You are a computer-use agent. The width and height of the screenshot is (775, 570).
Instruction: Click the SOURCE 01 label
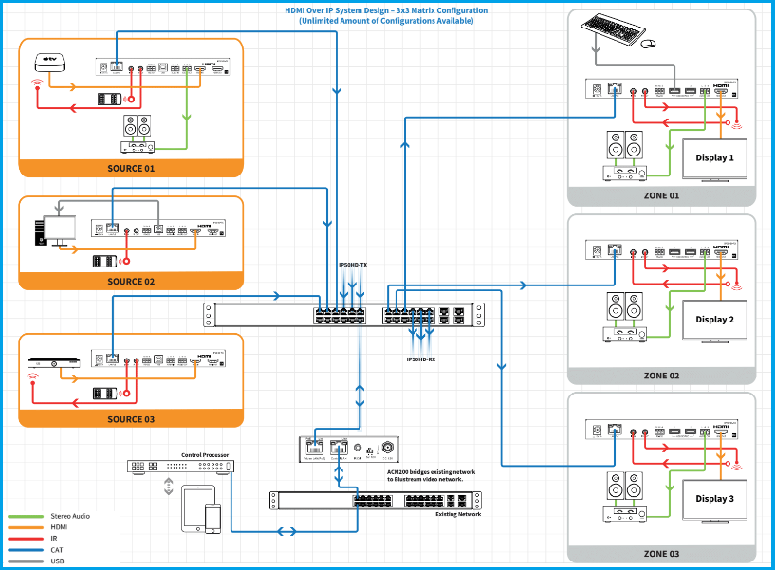pos(131,168)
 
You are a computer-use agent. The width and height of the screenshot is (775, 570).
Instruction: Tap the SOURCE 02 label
pos(131,282)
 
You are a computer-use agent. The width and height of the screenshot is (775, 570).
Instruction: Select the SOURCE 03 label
pos(131,419)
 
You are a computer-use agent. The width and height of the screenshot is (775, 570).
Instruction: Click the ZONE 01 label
pos(661,195)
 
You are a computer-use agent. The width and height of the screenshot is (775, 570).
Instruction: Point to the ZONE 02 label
pos(661,376)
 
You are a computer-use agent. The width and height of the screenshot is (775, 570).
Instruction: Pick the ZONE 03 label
pos(661,553)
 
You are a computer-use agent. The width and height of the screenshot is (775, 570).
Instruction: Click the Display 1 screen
pos(715,158)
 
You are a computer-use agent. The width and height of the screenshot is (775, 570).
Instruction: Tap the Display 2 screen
pos(715,320)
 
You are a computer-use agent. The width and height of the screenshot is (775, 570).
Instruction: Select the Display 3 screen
pos(715,499)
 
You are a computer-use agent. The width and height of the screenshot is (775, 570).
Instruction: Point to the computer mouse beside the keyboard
pos(647,44)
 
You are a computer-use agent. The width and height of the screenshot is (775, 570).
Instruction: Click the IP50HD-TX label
pos(352,264)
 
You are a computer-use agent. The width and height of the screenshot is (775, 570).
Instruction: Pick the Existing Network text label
pos(458,514)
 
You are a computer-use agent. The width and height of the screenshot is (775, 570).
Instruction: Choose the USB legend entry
pos(58,561)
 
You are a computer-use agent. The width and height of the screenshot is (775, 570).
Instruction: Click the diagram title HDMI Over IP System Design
pos(387,10)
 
